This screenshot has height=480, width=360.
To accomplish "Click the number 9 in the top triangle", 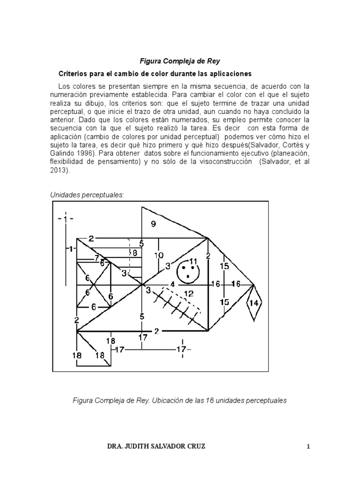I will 153,224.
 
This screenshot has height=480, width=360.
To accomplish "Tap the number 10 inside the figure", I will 159,255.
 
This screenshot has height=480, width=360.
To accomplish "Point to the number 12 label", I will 189,294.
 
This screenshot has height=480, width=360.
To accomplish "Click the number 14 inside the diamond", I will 254,303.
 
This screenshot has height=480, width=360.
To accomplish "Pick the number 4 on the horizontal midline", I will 172,285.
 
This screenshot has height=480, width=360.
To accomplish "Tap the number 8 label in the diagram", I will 134,252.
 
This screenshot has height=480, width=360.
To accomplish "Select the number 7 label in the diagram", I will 97,257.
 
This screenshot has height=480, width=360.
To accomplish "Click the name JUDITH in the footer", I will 147,446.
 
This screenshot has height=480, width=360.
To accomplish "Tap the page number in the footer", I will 308,446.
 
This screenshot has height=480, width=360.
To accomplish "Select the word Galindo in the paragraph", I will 62,154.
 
